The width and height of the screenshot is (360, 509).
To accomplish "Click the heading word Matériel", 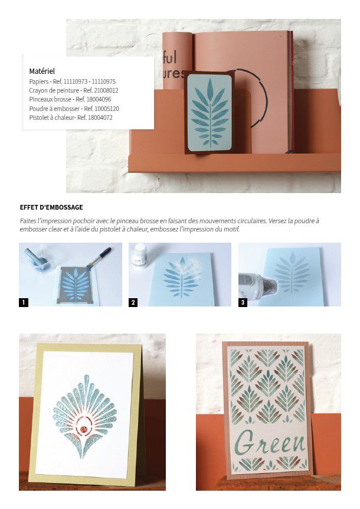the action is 42,71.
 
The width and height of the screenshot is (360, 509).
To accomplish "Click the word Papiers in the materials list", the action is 38,82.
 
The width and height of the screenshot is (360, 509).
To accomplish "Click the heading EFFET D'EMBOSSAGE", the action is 51,207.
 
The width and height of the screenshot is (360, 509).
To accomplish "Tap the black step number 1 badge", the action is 24,302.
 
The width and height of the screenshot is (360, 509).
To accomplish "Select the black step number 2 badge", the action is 133,302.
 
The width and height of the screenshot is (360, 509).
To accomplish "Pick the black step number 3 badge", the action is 243,302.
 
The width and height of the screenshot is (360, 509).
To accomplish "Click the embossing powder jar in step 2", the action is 140,255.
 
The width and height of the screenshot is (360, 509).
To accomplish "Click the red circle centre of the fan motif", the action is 84,429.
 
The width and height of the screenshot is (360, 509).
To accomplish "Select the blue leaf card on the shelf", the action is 210,113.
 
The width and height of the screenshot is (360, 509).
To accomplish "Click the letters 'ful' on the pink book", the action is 170,58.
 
